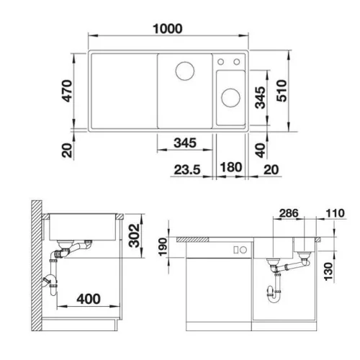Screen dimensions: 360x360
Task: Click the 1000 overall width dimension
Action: pyautogui.click(x=168, y=29)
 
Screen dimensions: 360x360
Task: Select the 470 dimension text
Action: pyautogui.click(x=67, y=91)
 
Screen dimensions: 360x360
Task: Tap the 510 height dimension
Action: pyautogui.click(x=282, y=91)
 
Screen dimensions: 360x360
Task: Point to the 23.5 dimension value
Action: pyautogui.click(x=187, y=170)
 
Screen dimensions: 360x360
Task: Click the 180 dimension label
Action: pyautogui.click(x=231, y=167)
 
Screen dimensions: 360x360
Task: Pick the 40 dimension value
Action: pyautogui.click(x=261, y=150)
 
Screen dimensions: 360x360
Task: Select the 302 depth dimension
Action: pyautogui.click(x=134, y=235)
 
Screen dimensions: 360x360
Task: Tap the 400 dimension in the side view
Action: pyautogui.click(x=89, y=299)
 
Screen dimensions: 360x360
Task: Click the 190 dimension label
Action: pyautogui.click(x=163, y=247)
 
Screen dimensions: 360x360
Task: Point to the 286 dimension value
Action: pyautogui.click(x=289, y=213)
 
